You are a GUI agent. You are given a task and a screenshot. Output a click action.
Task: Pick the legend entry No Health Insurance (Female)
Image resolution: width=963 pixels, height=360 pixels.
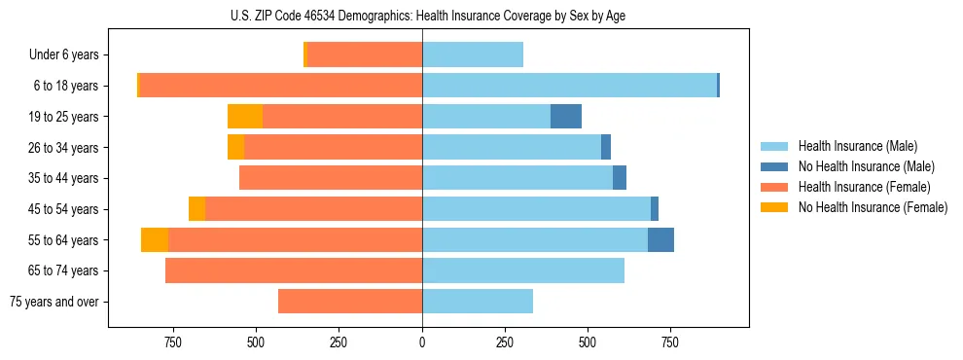tap(873, 207)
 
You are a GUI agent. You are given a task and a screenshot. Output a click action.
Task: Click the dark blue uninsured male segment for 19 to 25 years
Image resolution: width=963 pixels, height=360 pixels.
tap(566, 117)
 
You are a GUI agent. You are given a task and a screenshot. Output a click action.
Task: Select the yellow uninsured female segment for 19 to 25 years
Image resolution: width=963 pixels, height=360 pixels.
tap(245, 117)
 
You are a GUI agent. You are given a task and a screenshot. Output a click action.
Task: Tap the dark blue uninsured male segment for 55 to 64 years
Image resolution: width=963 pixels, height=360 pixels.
tap(660, 240)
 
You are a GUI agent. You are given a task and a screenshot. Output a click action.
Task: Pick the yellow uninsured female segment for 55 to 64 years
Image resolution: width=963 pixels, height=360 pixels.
tap(155, 240)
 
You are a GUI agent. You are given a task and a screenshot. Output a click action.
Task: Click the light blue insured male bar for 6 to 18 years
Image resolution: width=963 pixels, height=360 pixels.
tap(569, 86)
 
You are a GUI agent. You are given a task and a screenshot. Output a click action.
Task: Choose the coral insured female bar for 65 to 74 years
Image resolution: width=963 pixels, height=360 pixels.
tap(294, 270)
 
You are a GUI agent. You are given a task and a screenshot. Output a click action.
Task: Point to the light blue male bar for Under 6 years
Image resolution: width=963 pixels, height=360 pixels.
tap(473, 54)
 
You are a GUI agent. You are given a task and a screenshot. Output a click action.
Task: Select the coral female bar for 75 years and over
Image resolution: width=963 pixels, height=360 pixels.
tap(350, 302)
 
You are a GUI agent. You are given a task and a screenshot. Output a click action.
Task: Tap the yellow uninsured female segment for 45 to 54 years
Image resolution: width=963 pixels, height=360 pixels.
tap(196, 209)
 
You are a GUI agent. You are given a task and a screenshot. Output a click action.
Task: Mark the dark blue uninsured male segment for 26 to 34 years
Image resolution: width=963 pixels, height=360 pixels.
tap(606, 147)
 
